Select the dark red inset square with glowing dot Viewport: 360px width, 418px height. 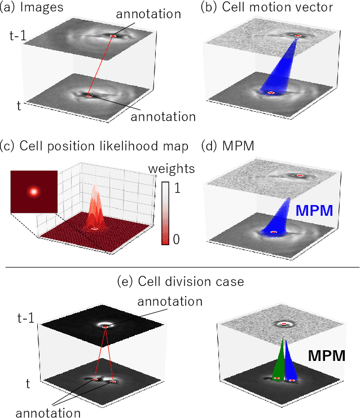tap(34, 191)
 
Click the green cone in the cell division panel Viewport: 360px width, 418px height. tap(280, 362)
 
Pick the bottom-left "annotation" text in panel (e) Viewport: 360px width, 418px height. tap(47, 412)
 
